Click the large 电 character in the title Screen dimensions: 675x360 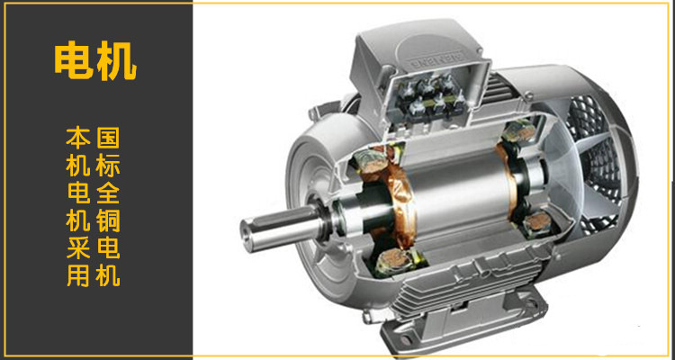coord(74,61)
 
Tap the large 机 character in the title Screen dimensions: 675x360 coord(116,61)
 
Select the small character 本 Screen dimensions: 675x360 coord(78,138)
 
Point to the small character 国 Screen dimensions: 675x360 coord(108,138)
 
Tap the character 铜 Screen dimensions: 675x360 coord(108,220)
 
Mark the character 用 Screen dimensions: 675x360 coord(78,275)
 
